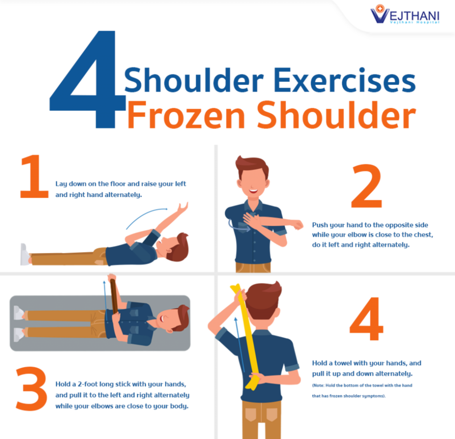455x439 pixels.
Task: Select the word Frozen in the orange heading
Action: [x=186, y=115]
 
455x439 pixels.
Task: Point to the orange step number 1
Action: [x=34, y=176]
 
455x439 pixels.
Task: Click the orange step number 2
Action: [x=366, y=186]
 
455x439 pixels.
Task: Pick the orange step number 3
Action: [x=31, y=389]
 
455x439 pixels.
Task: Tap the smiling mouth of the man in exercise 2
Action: [x=253, y=191]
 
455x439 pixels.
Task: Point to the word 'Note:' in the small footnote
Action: [x=319, y=386]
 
